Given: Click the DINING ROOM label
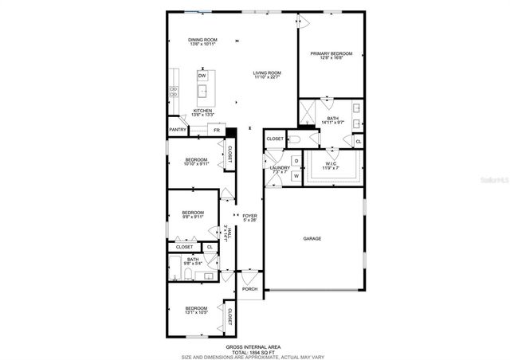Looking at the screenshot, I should point(202,40).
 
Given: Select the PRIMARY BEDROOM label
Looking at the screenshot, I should point(330,54).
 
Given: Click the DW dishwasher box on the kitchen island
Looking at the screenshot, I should point(202,76).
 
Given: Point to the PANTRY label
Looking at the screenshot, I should point(178,129).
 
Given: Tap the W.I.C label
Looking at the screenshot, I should point(330,165).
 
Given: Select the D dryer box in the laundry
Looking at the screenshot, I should point(296,161).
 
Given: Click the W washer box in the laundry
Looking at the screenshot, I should point(296,175).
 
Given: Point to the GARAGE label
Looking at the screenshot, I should point(312,238).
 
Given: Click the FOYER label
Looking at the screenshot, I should point(249,216).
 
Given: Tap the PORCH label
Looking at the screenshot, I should point(249,289).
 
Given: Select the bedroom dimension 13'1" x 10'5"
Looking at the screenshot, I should point(197,313).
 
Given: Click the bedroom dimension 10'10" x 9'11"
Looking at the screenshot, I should point(196,164).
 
